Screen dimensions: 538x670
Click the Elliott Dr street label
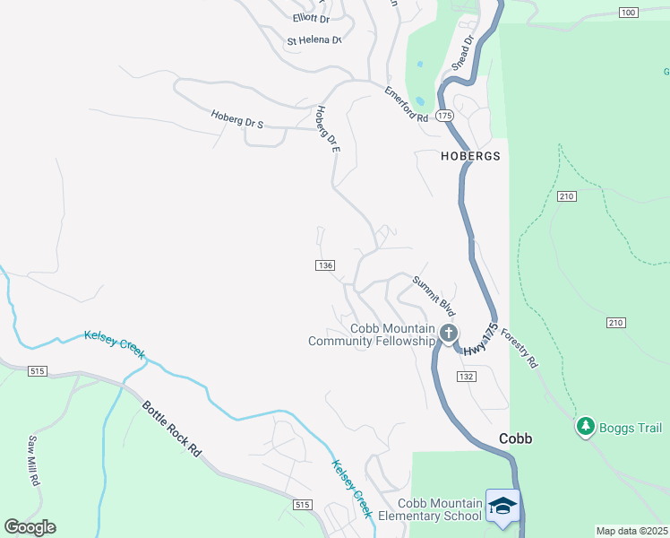(x=311, y=18)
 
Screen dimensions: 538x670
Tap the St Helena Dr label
(x=314, y=40)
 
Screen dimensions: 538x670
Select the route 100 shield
(x=628, y=12)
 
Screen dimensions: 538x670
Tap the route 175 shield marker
(x=445, y=116)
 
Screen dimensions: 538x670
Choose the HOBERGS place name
(x=470, y=155)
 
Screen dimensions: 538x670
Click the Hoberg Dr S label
(x=237, y=119)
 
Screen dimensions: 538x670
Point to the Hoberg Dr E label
(x=328, y=129)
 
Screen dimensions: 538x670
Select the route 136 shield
(x=325, y=265)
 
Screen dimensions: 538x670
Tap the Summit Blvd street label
(x=434, y=293)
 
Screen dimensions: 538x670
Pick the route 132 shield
(x=465, y=377)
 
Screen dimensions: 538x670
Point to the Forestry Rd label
(x=519, y=347)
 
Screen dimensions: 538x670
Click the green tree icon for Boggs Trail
(x=586, y=426)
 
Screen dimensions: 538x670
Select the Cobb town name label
(x=515, y=439)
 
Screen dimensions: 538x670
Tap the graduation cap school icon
(x=502, y=506)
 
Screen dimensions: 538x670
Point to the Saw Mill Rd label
(x=34, y=461)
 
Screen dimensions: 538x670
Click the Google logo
(x=30, y=527)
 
